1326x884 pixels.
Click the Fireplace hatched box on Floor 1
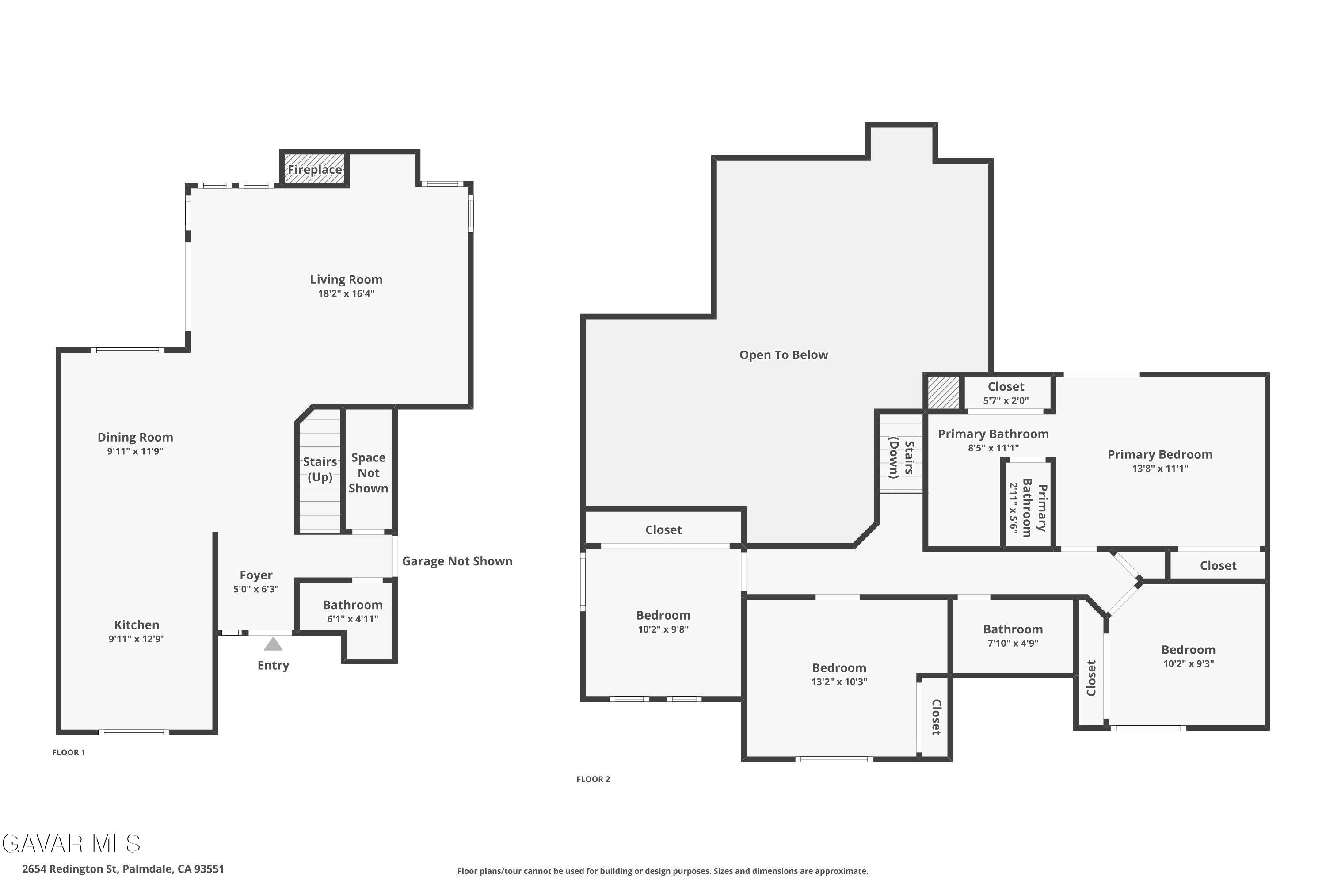[315, 168]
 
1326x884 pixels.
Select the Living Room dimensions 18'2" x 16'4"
[346, 293]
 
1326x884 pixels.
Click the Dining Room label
[135, 437]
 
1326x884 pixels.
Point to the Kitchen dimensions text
[137, 639]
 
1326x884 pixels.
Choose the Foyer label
[256, 575]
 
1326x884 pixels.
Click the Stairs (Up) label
[320, 469]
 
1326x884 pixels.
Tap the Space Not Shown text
[368, 472]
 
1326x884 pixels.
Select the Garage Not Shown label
[457, 561]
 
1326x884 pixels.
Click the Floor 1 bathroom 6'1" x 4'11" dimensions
[352, 618]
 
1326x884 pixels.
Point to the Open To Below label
[784, 354]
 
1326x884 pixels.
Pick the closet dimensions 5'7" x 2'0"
[1006, 400]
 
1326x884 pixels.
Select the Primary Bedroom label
[1160, 454]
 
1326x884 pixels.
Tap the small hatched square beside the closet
[944, 393]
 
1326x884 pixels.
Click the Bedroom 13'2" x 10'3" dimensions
[839, 682]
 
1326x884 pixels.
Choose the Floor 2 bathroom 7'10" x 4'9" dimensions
[1013, 643]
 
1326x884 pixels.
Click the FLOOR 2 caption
[593, 779]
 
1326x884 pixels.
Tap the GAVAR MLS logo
[71, 843]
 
